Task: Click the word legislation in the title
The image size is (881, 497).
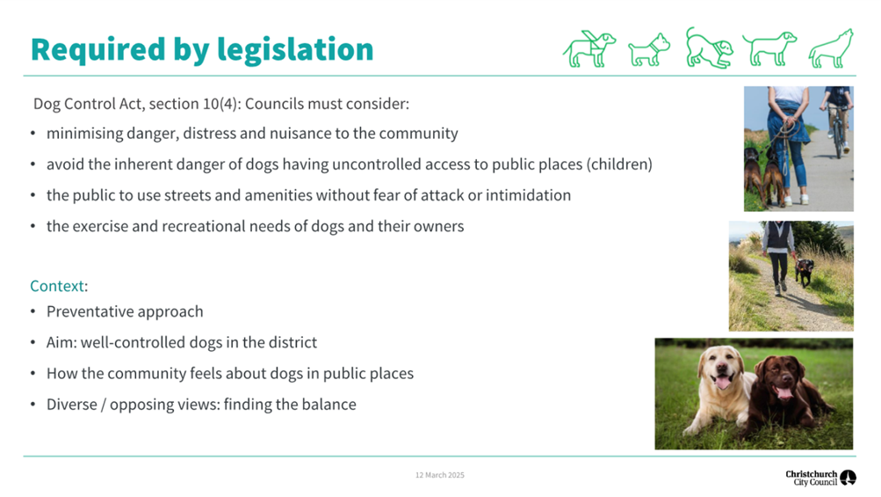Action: pos(295,50)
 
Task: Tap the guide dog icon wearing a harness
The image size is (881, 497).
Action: pos(589,49)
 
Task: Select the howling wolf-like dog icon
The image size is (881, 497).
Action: pos(831,49)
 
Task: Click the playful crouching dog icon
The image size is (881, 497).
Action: pos(709,48)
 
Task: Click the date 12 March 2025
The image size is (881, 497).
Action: pos(440,475)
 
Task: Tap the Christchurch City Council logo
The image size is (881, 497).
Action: pos(820,478)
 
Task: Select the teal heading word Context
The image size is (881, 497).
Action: pos(57,286)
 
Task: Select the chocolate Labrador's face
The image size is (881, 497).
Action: pos(779,376)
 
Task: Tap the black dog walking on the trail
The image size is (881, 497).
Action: pos(805,271)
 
